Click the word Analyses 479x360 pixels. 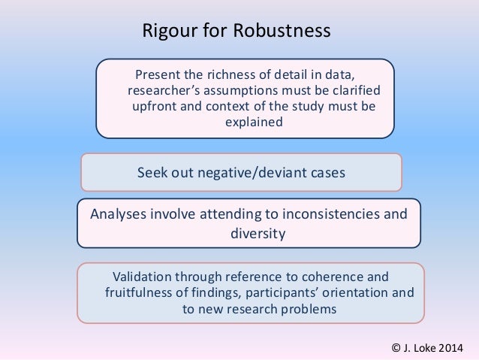pos(119,213)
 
